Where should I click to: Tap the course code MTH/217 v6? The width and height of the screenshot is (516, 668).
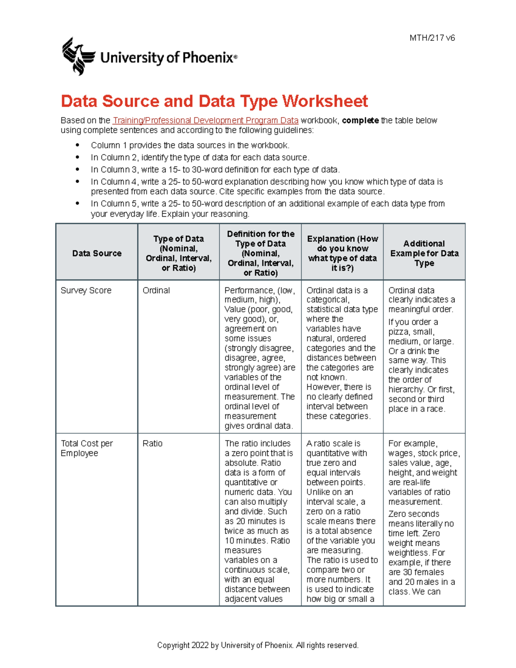coord(432,38)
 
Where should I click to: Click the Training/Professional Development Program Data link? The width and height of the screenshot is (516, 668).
coord(205,120)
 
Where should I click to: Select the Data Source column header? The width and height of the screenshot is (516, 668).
coord(97,253)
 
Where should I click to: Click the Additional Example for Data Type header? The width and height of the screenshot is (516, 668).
coord(424,253)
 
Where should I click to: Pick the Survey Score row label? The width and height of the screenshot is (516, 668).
coord(86,290)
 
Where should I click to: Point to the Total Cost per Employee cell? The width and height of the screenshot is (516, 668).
coord(86,448)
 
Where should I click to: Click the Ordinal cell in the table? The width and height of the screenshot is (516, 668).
coord(156,290)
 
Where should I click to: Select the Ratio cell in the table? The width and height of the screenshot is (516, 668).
coord(152,443)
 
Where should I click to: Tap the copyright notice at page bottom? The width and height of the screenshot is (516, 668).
coord(258,645)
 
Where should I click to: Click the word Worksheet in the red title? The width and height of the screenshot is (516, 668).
coord(325,102)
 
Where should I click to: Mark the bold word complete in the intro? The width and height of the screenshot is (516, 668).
coord(360,120)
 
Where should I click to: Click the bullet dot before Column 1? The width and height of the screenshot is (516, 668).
coord(77,145)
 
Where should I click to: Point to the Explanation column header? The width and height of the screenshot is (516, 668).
coord(342,253)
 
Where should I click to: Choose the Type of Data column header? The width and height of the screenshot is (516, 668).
coord(178,253)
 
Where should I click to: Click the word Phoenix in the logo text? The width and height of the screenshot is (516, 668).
coord(208,58)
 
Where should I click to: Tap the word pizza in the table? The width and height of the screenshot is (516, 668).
coord(399,332)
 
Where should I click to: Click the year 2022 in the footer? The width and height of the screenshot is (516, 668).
coord(200,645)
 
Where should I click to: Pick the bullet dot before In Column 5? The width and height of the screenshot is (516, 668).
coord(77,203)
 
